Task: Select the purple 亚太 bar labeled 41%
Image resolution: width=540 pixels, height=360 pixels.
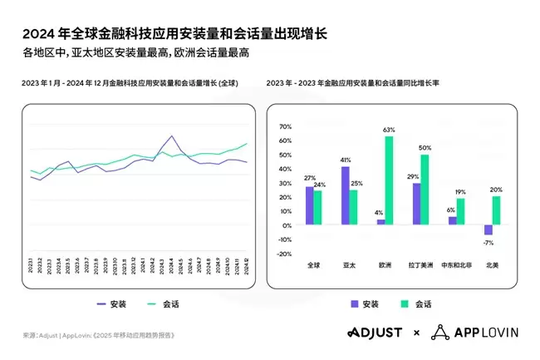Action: coord(345,196)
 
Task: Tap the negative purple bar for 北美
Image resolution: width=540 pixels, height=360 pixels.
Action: coord(488,229)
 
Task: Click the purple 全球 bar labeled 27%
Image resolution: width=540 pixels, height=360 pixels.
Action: coord(309,205)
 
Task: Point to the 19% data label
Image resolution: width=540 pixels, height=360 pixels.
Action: coord(461,192)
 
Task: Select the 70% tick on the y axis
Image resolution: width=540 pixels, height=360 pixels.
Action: coord(285,126)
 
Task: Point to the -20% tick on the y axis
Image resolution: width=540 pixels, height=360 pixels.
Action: coord(284,253)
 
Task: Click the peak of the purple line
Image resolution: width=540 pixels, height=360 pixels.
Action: coord(170,136)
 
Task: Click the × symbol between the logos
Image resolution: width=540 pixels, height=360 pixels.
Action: coord(417,333)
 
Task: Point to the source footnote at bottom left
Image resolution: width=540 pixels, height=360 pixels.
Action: coord(99,335)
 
